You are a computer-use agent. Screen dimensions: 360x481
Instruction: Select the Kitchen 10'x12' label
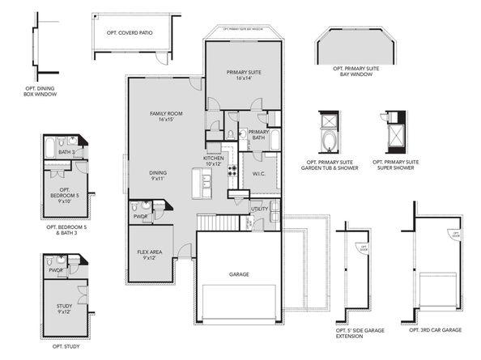214,161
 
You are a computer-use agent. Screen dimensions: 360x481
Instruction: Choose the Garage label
238,274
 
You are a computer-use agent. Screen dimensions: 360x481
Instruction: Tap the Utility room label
259,209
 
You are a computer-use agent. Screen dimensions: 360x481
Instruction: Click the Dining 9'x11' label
158,176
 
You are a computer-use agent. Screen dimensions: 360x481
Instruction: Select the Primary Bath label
259,135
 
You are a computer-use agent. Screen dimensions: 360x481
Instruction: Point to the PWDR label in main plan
139,217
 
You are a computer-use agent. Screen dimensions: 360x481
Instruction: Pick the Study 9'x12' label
65,308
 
